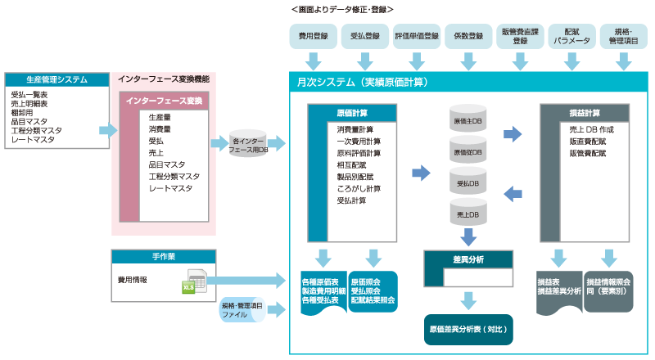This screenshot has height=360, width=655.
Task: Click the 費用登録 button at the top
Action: pos(314,36)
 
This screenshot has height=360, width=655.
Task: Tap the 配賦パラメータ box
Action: pos(571,36)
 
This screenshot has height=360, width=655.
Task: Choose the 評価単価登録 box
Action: pos(417,36)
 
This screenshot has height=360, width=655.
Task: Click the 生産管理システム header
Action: pos(57,79)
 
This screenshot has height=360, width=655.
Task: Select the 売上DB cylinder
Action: pos(468,213)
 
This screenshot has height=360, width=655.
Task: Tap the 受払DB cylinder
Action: pos(468,182)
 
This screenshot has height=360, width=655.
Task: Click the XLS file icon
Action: pos(192,281)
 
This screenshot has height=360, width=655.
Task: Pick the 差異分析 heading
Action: pos(468,259)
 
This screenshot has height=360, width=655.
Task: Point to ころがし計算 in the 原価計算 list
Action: pos(359,188)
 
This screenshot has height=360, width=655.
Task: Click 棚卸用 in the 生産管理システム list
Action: pos(25,113)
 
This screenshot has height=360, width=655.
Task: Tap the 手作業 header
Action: pos(163,257)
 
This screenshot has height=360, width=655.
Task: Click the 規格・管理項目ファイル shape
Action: pos(245,309)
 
